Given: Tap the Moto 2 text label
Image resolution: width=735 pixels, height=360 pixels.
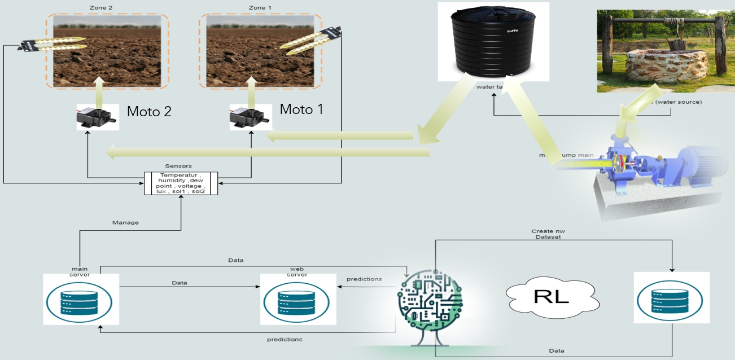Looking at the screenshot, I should point(149,111).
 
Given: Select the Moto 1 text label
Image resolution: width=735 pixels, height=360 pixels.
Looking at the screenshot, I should point(302,109).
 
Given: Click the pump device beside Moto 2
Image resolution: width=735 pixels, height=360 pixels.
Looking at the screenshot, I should point(98,117).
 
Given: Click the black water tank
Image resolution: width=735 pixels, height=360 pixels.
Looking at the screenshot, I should point(493,42).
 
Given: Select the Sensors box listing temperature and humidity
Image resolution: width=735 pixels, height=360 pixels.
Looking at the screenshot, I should point(181,183).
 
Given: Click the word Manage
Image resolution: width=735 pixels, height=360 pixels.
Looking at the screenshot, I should point(126,222).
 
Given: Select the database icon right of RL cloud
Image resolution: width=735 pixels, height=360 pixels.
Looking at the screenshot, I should point(671,300).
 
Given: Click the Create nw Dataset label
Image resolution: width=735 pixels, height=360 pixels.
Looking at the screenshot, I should point(546,234).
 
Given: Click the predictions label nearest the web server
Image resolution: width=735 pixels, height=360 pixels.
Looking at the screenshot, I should point(364,279).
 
